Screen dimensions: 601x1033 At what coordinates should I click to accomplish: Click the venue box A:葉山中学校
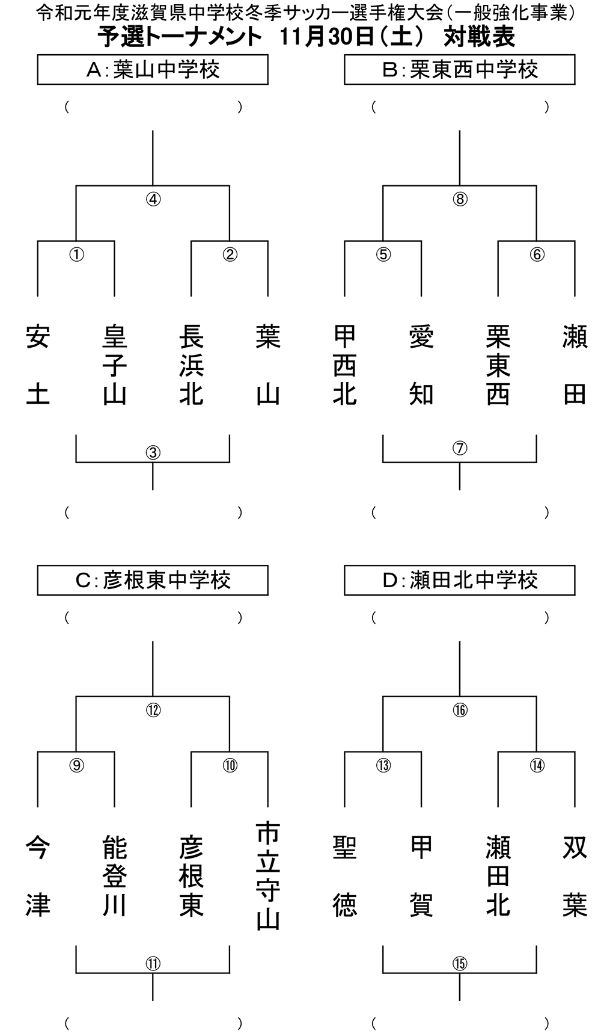pyautogui.click(x=153, y=70)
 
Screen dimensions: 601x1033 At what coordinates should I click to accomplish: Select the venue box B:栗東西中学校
pyautogui.click(x=460, y=70)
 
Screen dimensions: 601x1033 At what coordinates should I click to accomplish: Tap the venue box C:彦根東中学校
pyautogui.click(x=153, y=581)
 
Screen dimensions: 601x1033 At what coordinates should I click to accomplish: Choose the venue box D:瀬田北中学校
pyautogui.click(x=460, y=581)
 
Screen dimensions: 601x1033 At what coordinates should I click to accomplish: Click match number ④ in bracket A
pyautogui.click(x=153, y=199)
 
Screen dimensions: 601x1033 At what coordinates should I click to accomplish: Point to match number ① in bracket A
pyautogui.click(x=76, y=254)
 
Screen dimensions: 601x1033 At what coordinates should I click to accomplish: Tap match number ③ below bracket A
pyautogui.click(x=153, y=452)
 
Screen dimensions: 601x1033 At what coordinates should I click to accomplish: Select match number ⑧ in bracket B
pyautogui.click(x=460, y=199)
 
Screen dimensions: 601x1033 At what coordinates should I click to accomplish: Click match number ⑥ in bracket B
pyautogui.click(x=537, y=254)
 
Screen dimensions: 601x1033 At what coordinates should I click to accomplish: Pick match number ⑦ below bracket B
pyautogui.click(x=460, y=448)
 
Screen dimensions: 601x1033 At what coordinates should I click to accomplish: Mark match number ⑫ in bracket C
pyautogui.click(x=153, y=710)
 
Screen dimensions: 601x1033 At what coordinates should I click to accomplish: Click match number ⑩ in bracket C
pyautogui.click(x=230, y=765)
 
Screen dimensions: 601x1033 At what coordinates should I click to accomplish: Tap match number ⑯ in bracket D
pyautogui.click(x=460, y=710)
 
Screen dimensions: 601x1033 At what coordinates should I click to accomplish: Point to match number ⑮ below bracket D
pyautogui.click(x=460, y=963)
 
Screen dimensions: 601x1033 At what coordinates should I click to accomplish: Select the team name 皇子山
pyautogui.click(x=114, y=366)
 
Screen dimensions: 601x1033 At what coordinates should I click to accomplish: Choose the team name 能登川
pyautogui.click(x=114, y=877)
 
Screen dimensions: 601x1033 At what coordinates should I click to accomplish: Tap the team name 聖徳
pyautogui.click(x=345, y=877)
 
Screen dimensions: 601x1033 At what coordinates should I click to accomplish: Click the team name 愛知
pyautogui.click(x=421, y=366)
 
